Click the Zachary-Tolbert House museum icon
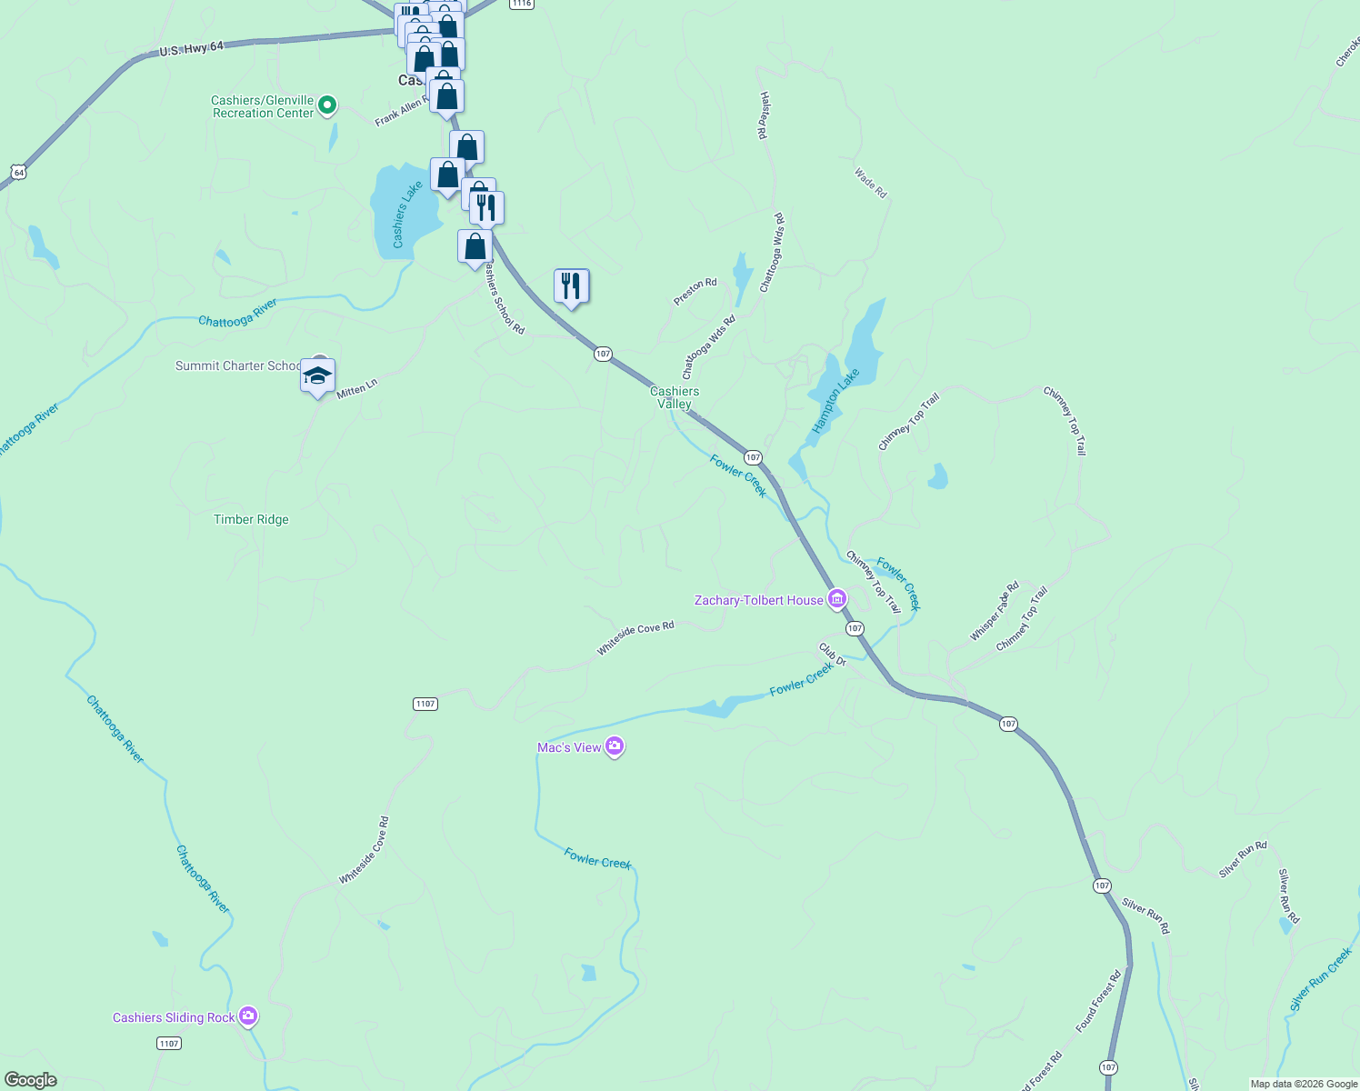click(x=836, y=599)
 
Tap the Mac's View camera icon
click(x=615, y=747)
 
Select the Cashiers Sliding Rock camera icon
click(x=248, y=1016)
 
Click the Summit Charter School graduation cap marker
click(x=317, y=375)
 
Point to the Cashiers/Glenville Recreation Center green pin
click(x=327, y=105)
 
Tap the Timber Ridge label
click(x=251, y=519)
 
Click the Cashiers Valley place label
click(x=675, y=397)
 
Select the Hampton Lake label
click(x=835, y=400)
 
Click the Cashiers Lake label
click(x=407, y=215)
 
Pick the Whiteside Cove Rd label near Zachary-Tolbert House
click(x=635, y=637)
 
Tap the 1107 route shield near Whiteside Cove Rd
click(x=425, y=704)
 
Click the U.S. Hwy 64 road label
click(x=191, y=48)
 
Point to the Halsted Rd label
click(x=765, y=115)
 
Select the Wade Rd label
click(x=870, y=182)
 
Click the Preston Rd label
click(x=695, y=291)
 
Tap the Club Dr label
click(x=832, y=655)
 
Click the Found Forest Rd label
click(x=1098, y=1000)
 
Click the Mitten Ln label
click(x=356, y=388)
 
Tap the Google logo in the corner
click(x=31, y=1079)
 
